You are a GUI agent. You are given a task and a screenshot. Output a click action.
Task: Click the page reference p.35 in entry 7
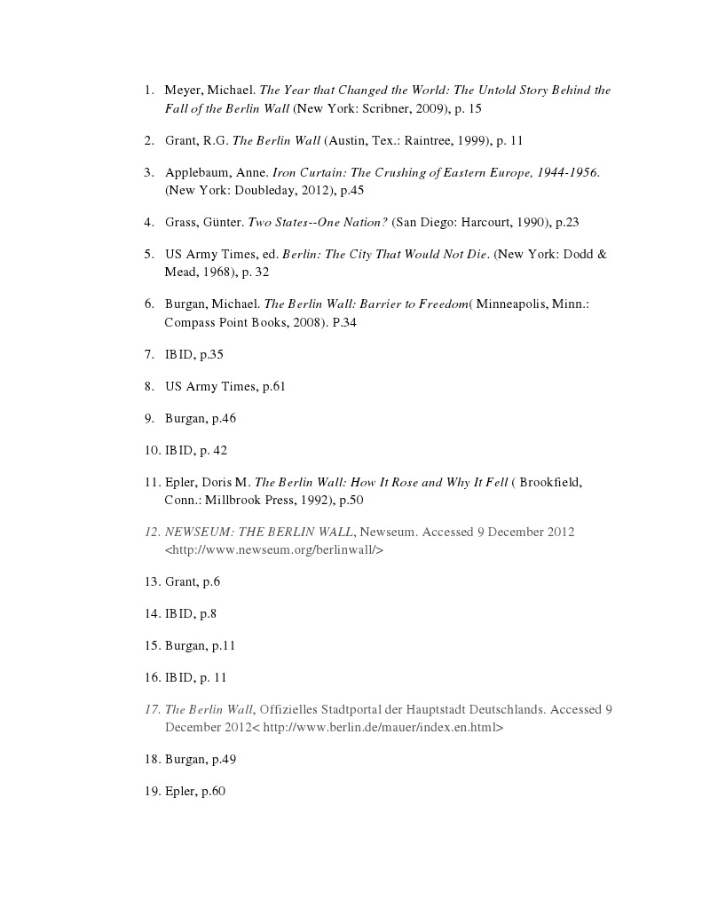coord(211,354)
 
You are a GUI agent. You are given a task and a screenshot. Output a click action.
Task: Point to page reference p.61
coord(273,386)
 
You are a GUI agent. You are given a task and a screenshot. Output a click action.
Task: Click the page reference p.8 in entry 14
coord(208,613)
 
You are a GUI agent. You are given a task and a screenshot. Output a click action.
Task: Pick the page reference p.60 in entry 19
coord(213,791)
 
